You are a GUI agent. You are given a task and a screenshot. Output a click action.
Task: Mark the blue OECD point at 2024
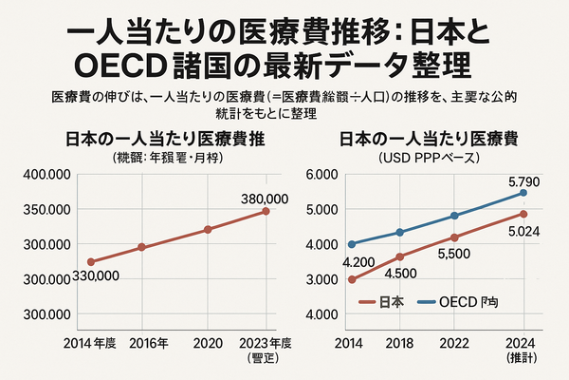point(523,193)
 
